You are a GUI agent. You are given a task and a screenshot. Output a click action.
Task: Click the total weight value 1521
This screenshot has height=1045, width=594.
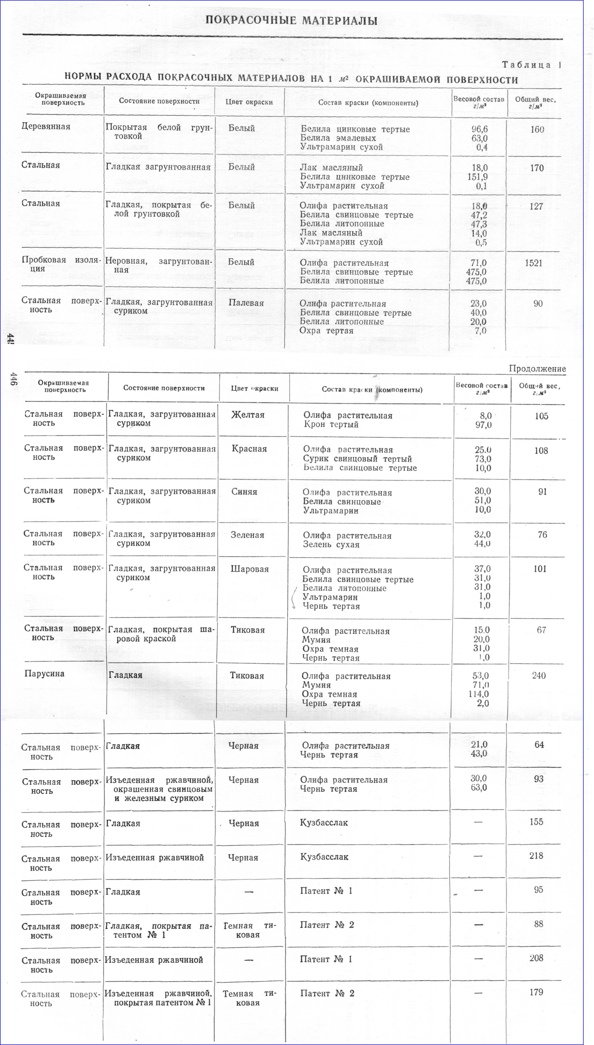pyautogui.click(x=534, y=263)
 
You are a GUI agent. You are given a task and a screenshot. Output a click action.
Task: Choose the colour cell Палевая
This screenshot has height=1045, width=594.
pyautogui.click(x=246, y=303)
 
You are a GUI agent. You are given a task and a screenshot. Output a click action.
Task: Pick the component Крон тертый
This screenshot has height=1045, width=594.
pyautogui.click(x=331, y=425)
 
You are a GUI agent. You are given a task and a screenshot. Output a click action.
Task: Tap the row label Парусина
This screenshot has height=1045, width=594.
pyautogui.click(x=44, y=673)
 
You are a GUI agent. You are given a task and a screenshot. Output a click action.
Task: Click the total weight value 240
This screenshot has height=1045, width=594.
pyautogui.click(x=538, y=676)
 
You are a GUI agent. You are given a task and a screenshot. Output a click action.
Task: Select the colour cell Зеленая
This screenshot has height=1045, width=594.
pyautogui.click(x=247, y=535)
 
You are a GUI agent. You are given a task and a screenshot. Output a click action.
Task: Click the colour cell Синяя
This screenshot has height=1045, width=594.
pyautogui.click(x=244, y=492)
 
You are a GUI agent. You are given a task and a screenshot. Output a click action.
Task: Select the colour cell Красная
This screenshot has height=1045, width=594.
pyautogui.click(x=249, y=449)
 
